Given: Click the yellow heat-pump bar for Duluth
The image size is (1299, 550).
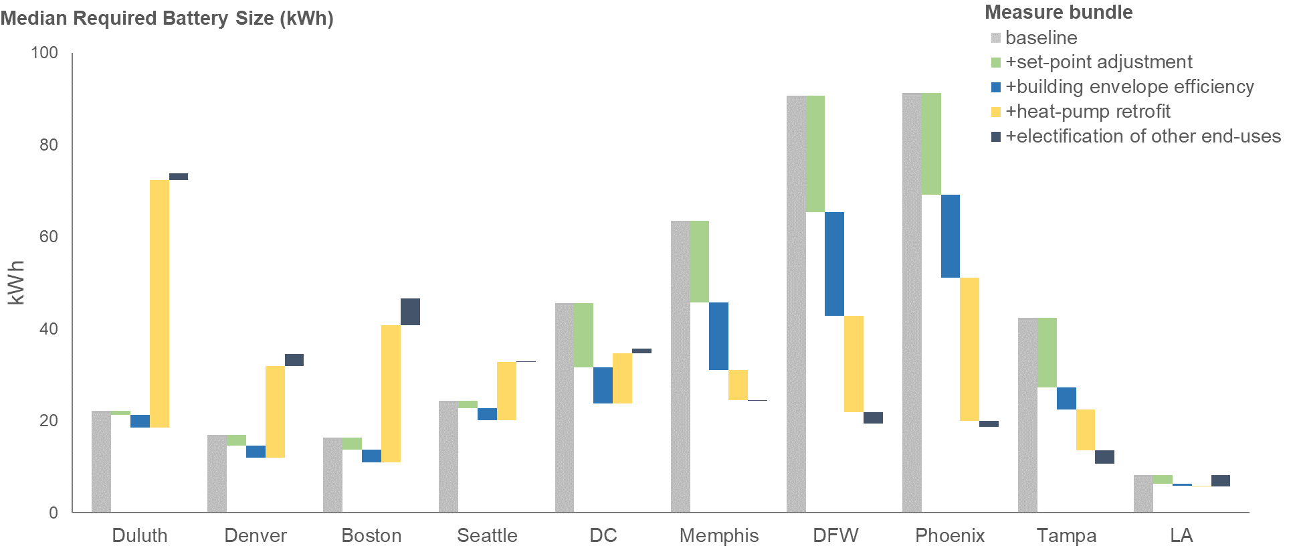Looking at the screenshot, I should (159, 303).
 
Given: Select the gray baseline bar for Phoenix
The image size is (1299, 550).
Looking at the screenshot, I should (912, 302).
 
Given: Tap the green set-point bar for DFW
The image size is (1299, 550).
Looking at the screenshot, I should (815, 154).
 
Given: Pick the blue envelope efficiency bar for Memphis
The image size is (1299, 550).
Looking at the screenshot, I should (718, 336).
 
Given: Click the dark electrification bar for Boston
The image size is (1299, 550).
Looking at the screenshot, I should (410, 312).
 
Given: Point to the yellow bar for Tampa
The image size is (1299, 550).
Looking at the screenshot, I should (1085, 430).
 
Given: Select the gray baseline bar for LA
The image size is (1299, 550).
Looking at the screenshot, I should (1143, 494).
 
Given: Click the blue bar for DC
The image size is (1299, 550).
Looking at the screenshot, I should (603, 385).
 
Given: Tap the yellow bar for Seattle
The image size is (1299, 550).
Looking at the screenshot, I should (506, 391).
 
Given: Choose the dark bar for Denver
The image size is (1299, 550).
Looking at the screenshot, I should (294, 360).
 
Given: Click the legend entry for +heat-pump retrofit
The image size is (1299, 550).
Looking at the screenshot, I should (1088, 112).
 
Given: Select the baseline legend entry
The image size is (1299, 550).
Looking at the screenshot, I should (1041, 38).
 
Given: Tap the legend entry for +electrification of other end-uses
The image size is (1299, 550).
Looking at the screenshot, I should (1142, 136).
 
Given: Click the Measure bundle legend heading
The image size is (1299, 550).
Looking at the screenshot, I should (1058, 12).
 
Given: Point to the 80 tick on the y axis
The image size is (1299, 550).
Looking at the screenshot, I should (49, 145).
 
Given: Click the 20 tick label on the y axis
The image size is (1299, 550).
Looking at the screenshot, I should (49, 421).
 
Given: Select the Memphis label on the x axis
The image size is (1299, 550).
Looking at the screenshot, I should (719, 535).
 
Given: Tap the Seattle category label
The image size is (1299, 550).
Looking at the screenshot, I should (487, 535).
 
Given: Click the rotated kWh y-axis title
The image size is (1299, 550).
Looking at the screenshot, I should (16, 282).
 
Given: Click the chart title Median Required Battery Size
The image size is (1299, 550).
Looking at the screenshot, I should (167, 18).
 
